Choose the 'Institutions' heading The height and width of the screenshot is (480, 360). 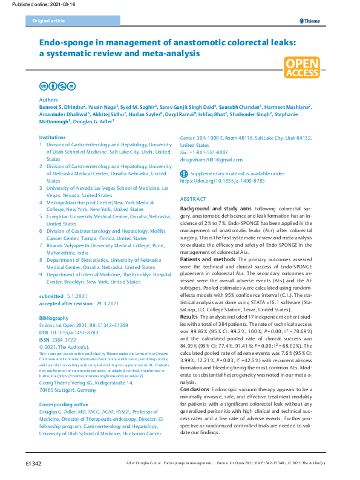pyautogui.click(x=52, y=138)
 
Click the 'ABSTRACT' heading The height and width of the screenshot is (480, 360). pyautogui.click(x=193, y=199)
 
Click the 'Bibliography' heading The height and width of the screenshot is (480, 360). pyautogui.click(x=54, y=317)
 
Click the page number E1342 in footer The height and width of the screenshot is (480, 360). pyautogui.click(x=33, y=463)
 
